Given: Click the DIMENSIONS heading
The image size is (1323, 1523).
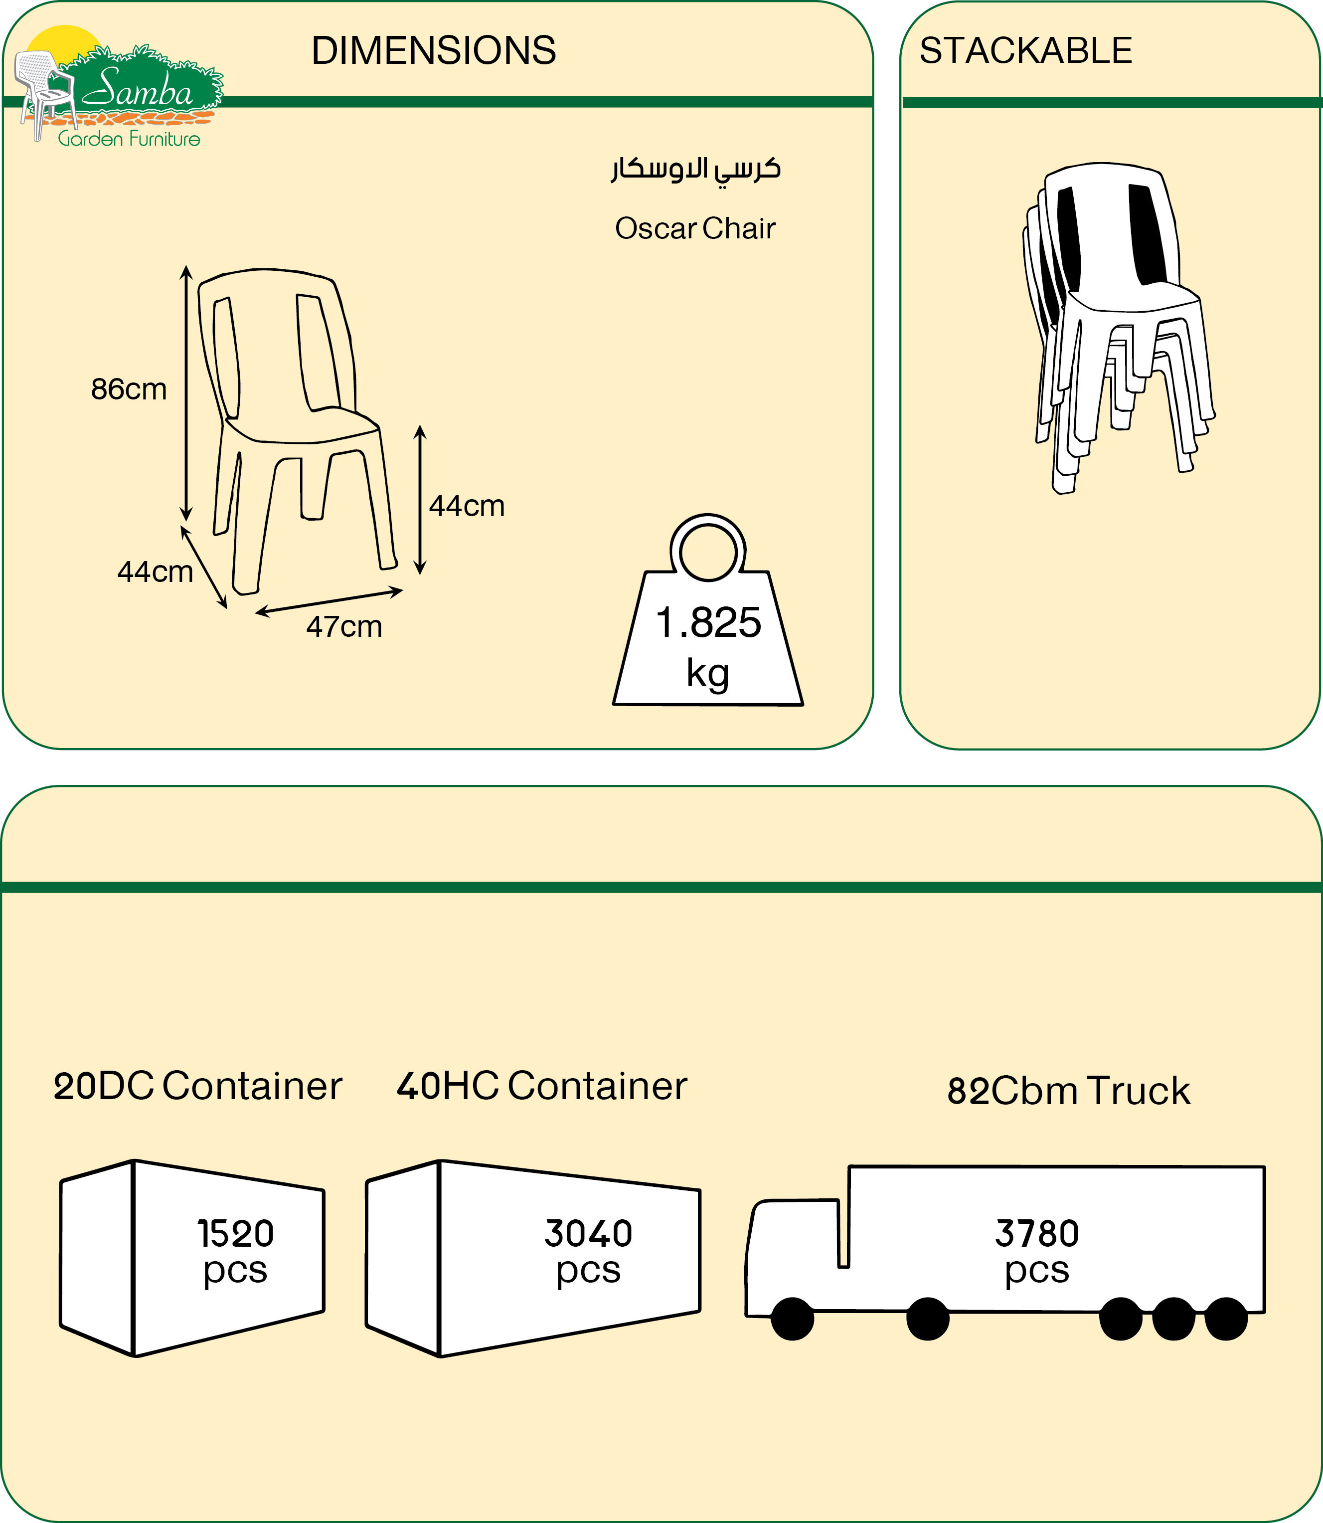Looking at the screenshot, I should tap(433, 51).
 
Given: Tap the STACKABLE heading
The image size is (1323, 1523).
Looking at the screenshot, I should tap(1025, 51).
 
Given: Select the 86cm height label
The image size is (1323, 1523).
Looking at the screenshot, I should tap(129, 389).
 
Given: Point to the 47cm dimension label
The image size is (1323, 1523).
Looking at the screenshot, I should tap(344, 627).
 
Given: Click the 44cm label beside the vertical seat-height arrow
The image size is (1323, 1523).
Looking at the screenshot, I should tap(467, 506).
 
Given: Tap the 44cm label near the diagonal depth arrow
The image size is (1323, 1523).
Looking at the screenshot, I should tap(155, 571).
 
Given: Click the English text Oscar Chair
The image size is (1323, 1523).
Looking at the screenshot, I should tap(695, 229).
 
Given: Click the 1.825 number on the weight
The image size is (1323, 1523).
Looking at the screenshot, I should tap(708, 623).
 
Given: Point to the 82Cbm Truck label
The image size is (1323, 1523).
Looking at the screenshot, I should tap(1068, 1092).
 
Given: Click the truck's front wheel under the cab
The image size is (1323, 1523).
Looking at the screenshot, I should tap(792, 1319).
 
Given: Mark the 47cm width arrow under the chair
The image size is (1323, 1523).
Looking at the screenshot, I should tap(330, 601).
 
